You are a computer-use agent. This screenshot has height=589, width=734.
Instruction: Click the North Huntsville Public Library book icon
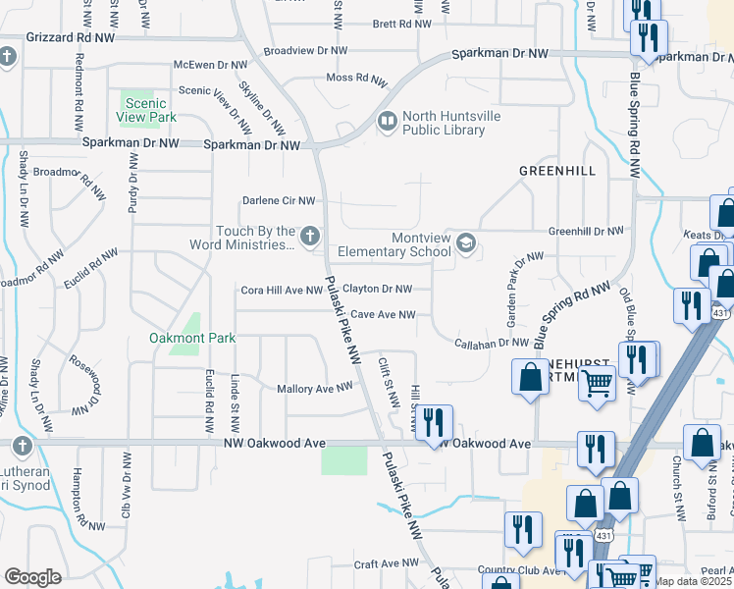click(387, 122)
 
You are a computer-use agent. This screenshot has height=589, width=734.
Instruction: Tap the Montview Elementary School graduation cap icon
click(466, 243)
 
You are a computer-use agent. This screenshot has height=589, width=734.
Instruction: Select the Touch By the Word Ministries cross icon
click(310, 235)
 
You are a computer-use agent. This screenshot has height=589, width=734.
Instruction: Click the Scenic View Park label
click(150, 110)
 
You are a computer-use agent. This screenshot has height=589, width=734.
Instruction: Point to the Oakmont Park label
click(192, 338)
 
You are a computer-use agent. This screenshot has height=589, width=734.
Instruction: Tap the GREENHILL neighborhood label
click(557, 170)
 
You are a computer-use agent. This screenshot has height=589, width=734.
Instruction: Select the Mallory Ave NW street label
click(314, 388)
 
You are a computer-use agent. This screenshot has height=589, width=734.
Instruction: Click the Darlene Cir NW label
click(280, 200)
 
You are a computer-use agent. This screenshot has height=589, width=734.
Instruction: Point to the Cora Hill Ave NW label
click(283, 291)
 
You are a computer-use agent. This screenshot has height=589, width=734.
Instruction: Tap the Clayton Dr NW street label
click(377, 289)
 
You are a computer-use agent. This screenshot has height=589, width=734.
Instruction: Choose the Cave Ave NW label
click(384, 314)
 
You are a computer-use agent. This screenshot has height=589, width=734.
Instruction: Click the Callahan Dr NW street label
click(493, 343)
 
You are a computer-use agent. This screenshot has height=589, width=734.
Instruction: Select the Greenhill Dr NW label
click(586, 231)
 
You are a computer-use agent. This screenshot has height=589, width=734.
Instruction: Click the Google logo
click(32, 576)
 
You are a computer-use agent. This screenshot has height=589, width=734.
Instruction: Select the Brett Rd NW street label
click(397, 24)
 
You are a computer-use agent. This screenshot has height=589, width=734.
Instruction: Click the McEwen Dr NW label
click(211, 65)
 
